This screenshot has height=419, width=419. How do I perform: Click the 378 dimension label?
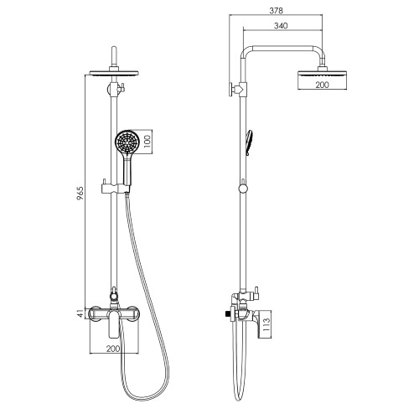point(276,11)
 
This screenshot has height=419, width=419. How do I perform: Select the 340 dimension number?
point(281,26)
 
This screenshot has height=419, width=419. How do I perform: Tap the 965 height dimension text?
point(80,194)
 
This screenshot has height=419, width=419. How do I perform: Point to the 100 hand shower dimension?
point(148,141)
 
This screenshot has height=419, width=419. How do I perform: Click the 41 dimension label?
point(80,313)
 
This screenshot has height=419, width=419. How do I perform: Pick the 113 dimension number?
point(266,324)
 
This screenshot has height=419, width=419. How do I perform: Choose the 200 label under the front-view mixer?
point(113,349)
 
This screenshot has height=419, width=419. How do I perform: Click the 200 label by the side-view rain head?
point(322,85)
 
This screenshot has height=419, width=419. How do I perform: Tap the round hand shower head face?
point(126,142)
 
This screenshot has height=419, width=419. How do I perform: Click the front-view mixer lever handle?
point(113,324)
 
